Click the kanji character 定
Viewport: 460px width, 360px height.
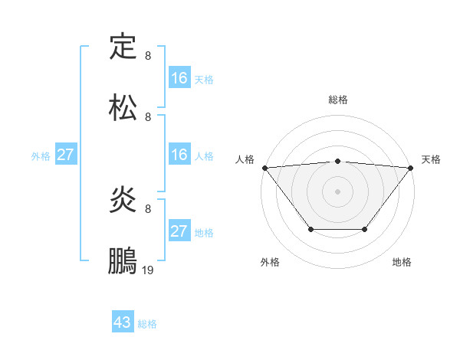(x=123, y=47)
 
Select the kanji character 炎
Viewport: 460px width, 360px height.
(x=123, y=200)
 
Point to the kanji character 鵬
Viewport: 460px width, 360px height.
(x=123, y=261)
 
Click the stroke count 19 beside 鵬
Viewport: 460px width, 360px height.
(x=148, y=270)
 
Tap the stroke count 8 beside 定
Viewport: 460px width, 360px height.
(x=148, y=56)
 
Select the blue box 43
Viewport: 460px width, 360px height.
(x=123, y=322)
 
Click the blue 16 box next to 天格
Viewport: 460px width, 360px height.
(x=179, y=78)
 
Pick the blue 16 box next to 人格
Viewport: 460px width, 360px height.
(x=179, y=155)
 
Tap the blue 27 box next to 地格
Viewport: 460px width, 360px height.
(x=179, y=231)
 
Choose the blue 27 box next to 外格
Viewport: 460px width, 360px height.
(x=65, y=155)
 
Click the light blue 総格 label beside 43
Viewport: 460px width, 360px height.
(x=148, y=324)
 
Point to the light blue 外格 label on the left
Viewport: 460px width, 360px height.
(x=41, y=155)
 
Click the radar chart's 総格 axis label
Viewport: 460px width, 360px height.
(x=337, y=100)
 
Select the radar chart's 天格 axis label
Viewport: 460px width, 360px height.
(x=432, y=159)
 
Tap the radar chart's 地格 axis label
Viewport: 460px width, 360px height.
(x=402, y=262)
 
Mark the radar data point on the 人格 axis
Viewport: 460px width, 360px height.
(x=264, y=167)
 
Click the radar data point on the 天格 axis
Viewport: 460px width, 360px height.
(x=411, y=167)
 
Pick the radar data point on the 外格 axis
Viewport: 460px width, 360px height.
(x=310, y=229)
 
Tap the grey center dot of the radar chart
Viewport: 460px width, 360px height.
(x=337, y=191)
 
